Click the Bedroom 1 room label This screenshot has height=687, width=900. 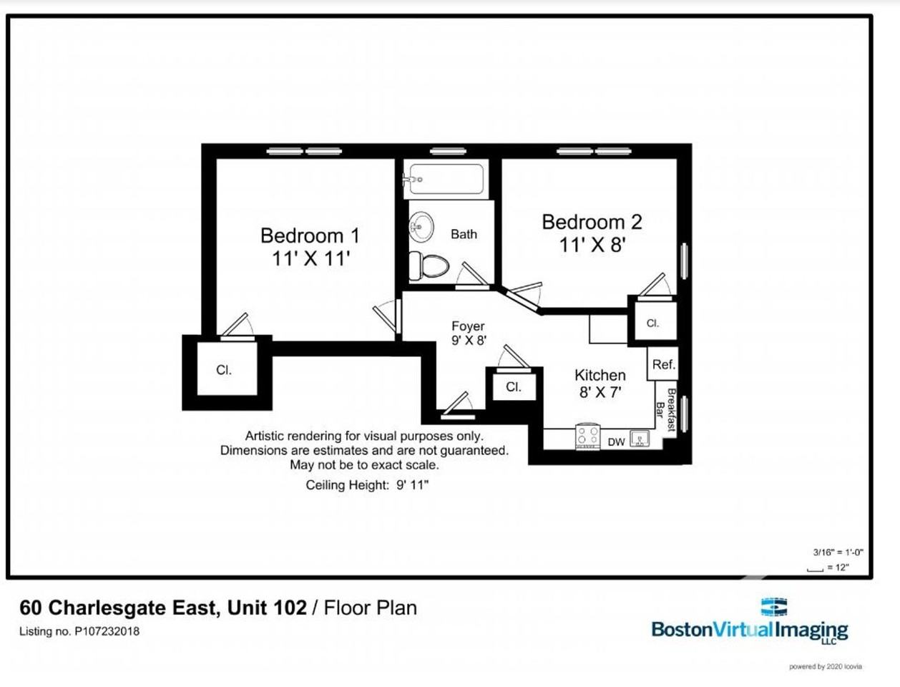pos(310,235)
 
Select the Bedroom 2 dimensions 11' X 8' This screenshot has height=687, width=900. pos(592,245)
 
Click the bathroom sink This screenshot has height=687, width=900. pos(421,228)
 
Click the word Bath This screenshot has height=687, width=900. pos(464,234)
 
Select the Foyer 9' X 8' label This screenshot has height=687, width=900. pos(469,333)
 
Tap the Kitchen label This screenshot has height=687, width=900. pos(600,375)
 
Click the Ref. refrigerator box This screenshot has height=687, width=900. pos(663,364)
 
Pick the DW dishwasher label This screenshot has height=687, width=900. pos(616,442)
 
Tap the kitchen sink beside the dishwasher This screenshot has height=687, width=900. pos(640,439)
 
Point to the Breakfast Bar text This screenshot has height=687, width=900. pos(666,411)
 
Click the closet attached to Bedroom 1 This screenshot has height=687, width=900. pos(225,370)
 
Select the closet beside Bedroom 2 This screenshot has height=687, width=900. pos(652,323)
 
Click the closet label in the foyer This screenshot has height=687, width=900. pos(513,387)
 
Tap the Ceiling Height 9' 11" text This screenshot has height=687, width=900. pos(367,485)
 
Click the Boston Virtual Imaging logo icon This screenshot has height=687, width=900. pos(773,607)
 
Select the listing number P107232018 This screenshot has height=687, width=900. pos(79,631)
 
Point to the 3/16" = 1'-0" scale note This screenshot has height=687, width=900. pos(838,552)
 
